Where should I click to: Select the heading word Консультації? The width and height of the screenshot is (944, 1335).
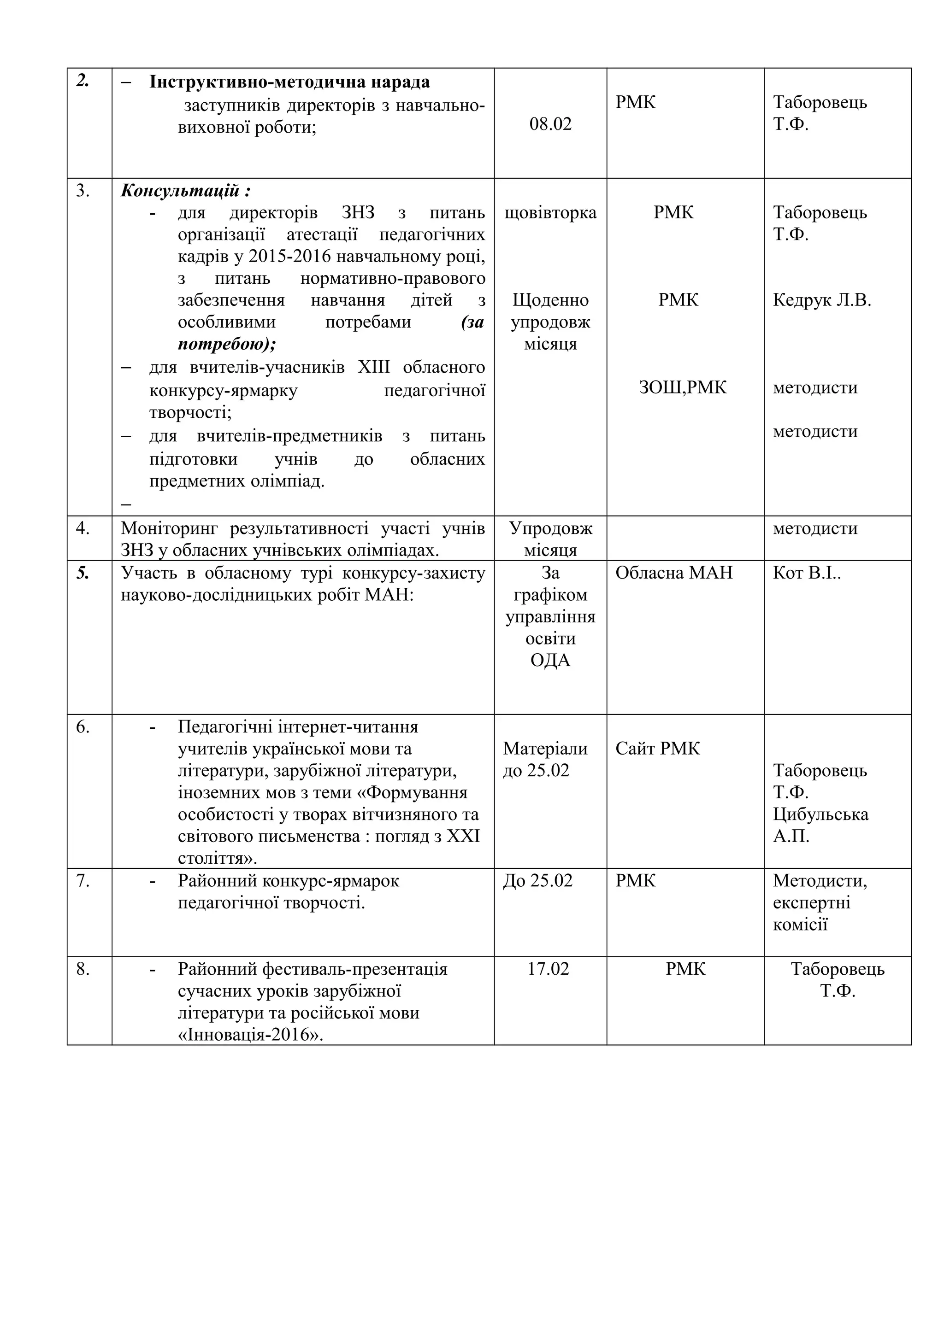(180, 191)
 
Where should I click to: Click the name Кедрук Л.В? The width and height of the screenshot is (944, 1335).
(821, 301)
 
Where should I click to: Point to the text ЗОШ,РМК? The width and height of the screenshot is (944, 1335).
(682, 388)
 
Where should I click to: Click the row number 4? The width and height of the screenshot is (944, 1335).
(83, 528)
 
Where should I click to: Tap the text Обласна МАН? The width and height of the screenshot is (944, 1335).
(673, 574)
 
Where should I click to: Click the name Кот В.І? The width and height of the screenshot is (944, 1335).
(806, 574)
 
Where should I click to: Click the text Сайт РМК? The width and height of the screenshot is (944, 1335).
(657, 749)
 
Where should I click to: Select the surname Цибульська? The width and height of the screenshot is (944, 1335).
(820, 814)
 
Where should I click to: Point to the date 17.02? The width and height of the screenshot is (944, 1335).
(548, 969)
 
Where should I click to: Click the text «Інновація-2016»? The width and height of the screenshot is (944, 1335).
(251, 1036)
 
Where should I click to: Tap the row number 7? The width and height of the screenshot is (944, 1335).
(83, 881)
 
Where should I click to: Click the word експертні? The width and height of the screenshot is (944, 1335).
(811, 903)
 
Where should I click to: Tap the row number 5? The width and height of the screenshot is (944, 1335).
(83, 574)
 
